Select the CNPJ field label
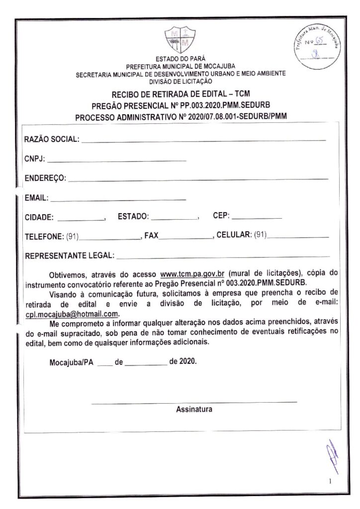tap(34, 159)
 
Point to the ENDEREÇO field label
tap(45, 178)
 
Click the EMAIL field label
tap(36, 198)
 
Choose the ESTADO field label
tap(133, 217)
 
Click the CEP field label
tap(221, 216)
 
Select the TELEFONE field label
tap(44, 236)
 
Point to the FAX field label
tap(151, 236)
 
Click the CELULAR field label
tap(234, 235)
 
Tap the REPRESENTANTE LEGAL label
tap(69, 256)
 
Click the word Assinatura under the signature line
tap(194, 410)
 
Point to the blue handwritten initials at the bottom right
tap(332, 456)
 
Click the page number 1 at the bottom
tap(330, 481)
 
